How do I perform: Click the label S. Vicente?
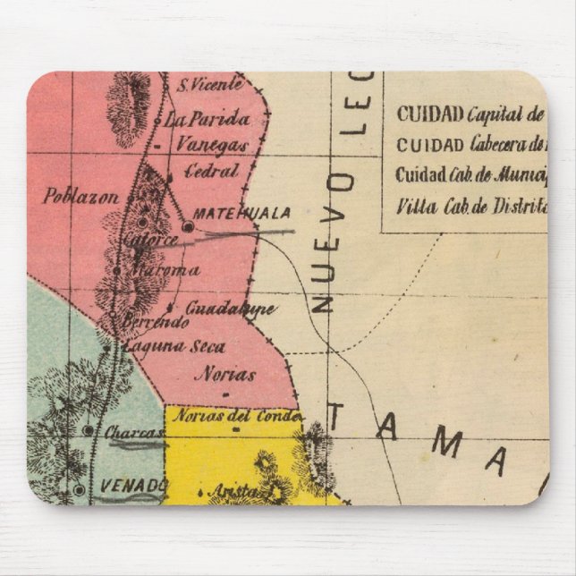(x=209, y=86)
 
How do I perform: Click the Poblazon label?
(x=80, y=196)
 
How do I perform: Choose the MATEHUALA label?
(x=241, y=213)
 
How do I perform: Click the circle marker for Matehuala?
(x=188, y=228)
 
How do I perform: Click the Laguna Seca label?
(x=174, y=347)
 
